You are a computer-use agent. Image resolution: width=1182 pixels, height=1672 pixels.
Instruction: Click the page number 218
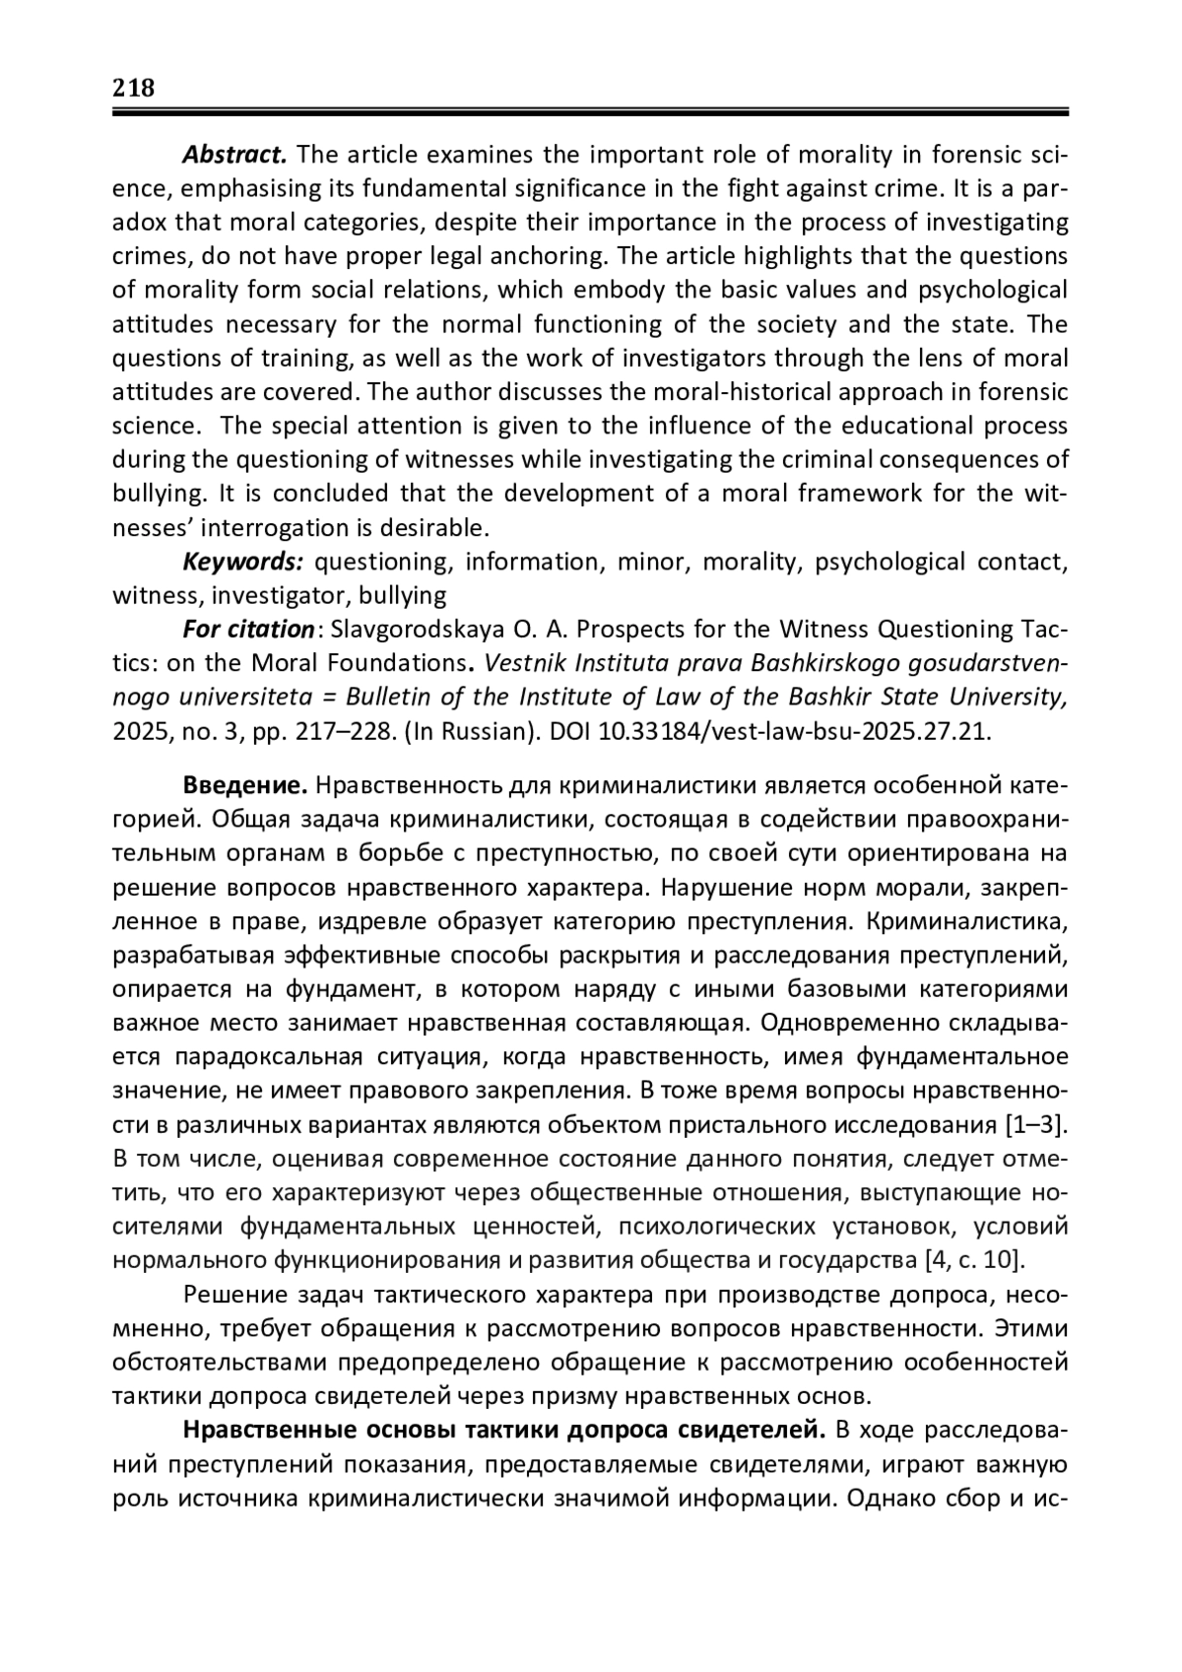(133, 89)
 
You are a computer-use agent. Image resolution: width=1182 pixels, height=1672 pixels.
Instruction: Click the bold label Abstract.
(234, 155)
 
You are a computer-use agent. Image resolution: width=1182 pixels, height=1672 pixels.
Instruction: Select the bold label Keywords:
(243, 562)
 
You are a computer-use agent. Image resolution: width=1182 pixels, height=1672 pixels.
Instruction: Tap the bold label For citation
(248, 629)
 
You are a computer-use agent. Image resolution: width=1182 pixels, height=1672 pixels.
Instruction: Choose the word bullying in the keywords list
(402, 596)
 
